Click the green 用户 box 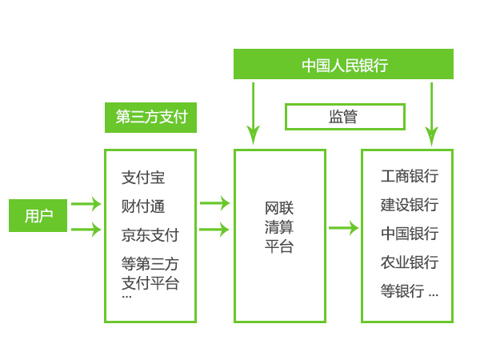click(38, 216)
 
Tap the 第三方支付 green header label click(150, 117)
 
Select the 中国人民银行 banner click(343, 65)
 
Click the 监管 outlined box click(342, 117)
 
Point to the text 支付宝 click(143, 178)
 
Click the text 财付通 click(143, 206)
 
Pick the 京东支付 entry click(150, 235)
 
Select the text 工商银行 click(409, 176)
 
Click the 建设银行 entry click(409, 205)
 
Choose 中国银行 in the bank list click(409, 234)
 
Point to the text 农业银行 click(409, 262)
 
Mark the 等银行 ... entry click(409, 291)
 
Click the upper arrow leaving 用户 click(86, 204)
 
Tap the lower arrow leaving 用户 click(86, 230)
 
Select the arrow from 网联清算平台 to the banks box click(343, 228)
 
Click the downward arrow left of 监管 click(254, 112)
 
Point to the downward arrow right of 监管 click(432, 112)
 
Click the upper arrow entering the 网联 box click(214, 203)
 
